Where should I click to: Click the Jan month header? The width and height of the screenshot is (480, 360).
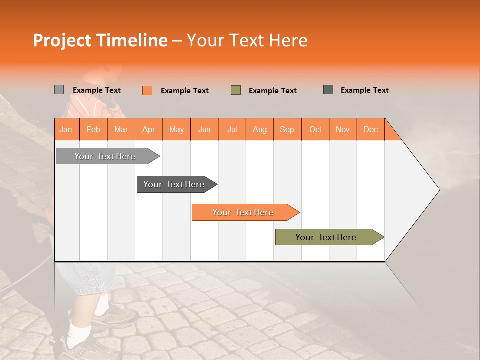pos(66,129)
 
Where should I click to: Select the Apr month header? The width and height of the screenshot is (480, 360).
pos(148,129)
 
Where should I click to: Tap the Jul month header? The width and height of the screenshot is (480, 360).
pos(232,129)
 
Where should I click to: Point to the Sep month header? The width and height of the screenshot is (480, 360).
pos(287,129)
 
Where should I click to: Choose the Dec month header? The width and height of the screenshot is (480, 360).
pos(370,129)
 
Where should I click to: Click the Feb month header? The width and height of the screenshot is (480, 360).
pos(93,129)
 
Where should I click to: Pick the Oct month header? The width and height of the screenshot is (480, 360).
pos(315,129)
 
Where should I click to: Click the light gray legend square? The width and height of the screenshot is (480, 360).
pos(59,90)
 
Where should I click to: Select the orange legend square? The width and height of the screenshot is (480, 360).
pos(147,90)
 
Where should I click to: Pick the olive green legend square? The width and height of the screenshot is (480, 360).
pos(235,90)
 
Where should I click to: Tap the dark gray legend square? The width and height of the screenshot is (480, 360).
pos(328,90)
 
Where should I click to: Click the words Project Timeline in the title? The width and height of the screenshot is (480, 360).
pos(100,40)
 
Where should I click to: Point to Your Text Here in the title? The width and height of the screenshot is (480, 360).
pos(247,40)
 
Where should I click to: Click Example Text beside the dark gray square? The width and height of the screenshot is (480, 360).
pos(364,90)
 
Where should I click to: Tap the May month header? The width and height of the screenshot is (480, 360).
pos(176,129)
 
